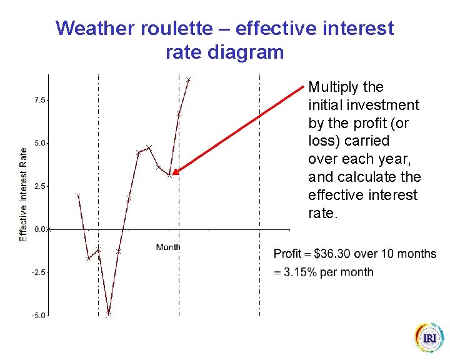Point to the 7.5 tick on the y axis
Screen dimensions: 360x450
[39, 100]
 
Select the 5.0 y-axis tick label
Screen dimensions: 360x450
[39, 143]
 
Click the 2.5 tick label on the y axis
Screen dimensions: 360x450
[39, 186]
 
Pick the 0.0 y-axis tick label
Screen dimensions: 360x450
[39, 229]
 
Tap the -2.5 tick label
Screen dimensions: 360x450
[37, 272]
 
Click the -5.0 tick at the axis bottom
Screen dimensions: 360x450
[37, 316]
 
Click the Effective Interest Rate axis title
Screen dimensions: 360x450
[24, 194]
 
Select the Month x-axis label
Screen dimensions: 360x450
[168, 247]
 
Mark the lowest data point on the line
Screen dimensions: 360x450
[109, 314]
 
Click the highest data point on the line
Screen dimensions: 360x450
[188, 80]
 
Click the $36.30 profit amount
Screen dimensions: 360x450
[336, 254]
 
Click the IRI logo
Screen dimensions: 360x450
[429, 339]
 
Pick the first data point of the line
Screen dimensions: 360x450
[78, 196]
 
